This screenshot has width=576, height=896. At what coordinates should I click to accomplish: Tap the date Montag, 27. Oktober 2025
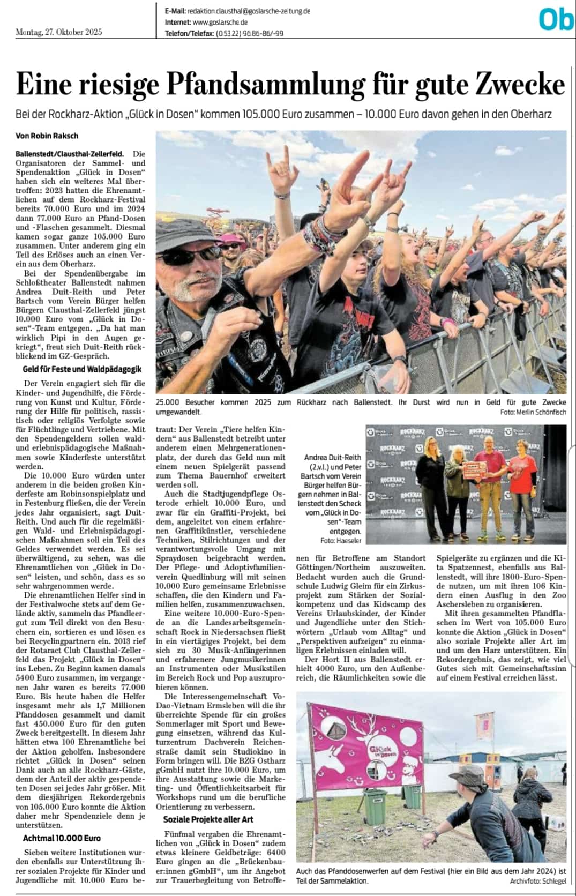(x=59, y=32)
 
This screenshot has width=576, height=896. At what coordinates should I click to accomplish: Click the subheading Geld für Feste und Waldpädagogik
(x=82, y=369)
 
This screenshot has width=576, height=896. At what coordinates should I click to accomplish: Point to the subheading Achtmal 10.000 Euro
(x=62, y=838)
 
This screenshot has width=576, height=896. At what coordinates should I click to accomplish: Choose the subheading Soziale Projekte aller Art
(x=208, y=819)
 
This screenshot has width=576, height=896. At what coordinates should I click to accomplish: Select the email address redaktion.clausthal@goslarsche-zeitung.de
(x=249, y=11)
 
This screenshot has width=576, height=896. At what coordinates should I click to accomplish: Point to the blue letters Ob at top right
(x=556, y=20)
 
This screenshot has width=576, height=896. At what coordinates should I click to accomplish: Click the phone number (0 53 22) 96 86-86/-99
(x=249, y=33)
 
